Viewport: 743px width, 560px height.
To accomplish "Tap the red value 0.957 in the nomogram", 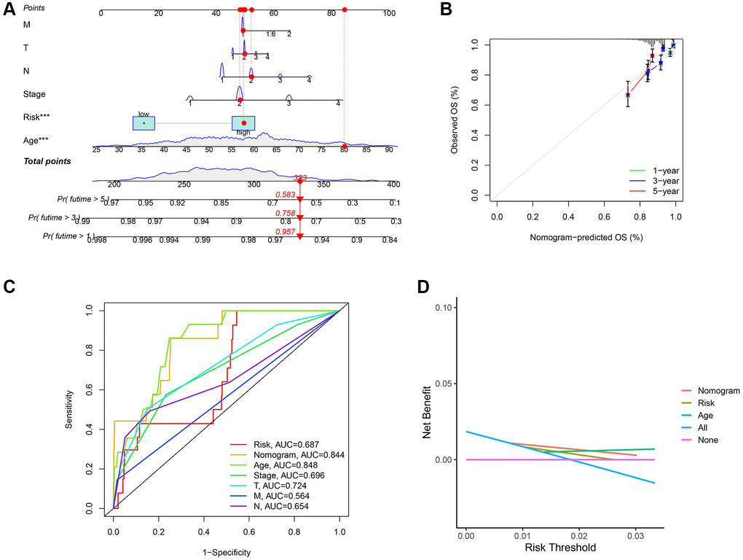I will click(x=284, y=231).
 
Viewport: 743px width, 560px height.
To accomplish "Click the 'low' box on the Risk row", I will click(x=144, y=122).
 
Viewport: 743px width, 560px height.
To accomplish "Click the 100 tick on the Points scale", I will click(x=389, y=13).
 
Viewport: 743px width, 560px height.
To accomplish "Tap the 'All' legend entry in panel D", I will click(x=701, y=428).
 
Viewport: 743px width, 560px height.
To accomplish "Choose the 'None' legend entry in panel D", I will click(x=705, y=440).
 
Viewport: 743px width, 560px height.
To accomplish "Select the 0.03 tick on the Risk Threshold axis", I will click(x=636, y=536).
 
